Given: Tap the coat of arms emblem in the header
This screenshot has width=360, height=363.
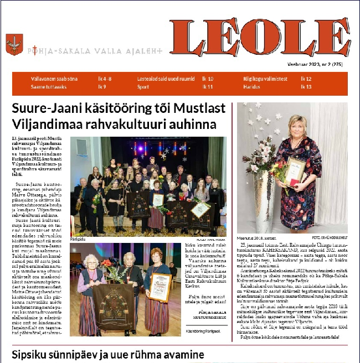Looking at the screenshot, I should [x=14, y=44].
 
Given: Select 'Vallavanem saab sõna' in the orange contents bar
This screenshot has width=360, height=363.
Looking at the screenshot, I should [x=52, y=79].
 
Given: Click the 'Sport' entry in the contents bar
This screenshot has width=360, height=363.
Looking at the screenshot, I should [x=143, y=87].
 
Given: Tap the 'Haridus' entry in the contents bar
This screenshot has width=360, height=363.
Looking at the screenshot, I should [x=251, y=87].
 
